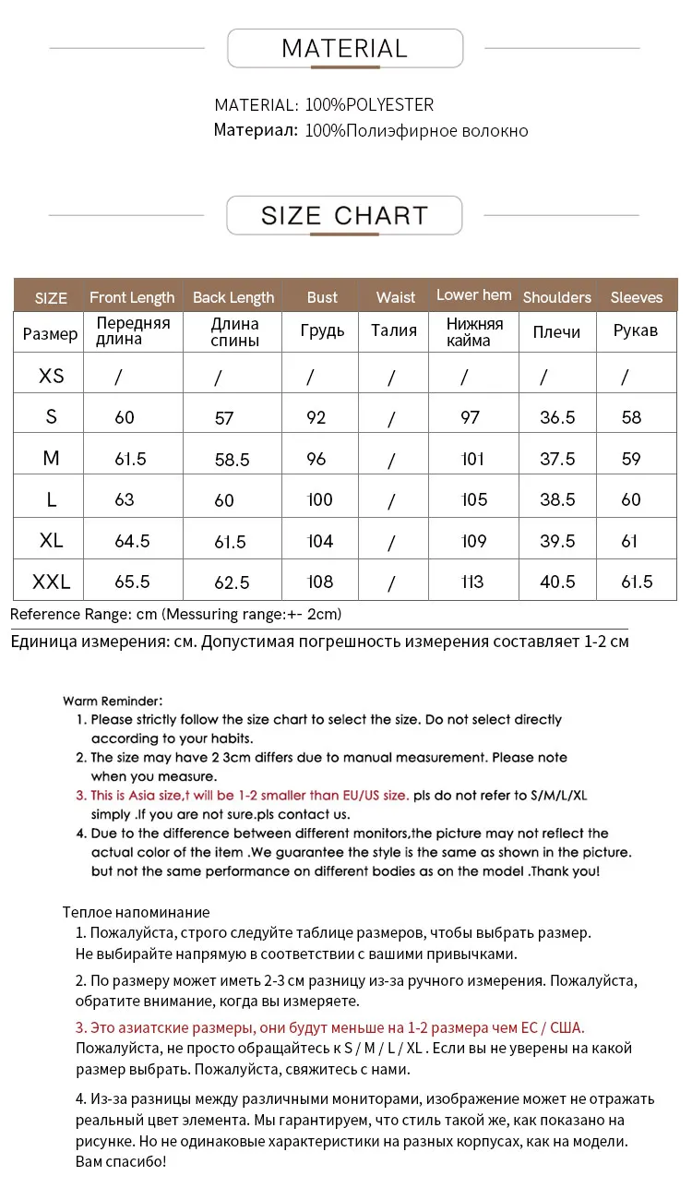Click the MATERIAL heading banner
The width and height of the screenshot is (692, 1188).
pyautogui.click(x=344, y=48)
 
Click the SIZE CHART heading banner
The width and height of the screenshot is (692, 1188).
pyautogui.click(x=344, y=215)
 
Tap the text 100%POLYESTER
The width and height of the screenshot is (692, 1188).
pyautogui.click(x=369, y=105)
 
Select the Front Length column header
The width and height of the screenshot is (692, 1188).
pyautogui.click(x=132, y=297)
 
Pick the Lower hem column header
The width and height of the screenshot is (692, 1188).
pyautogui.click(x=473, y=295)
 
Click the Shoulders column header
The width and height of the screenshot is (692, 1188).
pyautogui.click(x=556, y=297)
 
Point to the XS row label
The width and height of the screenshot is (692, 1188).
pyautogui.click(x=52, y=376)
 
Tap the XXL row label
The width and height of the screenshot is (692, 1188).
pyautogui.click(x=52, y=582)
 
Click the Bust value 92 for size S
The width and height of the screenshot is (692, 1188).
pyautogui.click(x=316, y=417)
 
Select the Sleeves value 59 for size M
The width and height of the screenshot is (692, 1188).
pyautogui.click(x=631, y=459)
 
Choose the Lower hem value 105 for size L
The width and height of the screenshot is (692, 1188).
pyautogui.click(x=473, y=499)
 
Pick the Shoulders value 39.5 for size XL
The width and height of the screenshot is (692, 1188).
pyautogui.click(x=557, y=541)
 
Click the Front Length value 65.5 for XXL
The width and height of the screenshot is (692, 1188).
pyautogui.click(x=132, y=582)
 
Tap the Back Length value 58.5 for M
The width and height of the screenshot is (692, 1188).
pyautogui.click(x=232, y=460)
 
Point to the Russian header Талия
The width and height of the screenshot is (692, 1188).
pyautogui.click(x=394, y=330)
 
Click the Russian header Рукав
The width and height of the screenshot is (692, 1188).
pyautogui.click(x=636, y=330)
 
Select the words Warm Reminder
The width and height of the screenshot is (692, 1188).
pyautogui.click(x=113, y=701)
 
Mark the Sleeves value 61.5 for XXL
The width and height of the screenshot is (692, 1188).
pyautogui.click(x=637, y=582)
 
